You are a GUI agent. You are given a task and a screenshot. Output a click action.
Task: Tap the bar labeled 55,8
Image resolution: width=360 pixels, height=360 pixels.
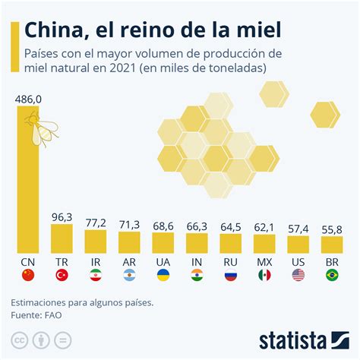(x=332, y=245)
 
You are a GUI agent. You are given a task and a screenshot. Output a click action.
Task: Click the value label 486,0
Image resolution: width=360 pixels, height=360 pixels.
(x=28, y=99)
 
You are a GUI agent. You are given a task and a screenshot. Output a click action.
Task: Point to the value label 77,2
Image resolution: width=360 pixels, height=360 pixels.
(x=95, y=223)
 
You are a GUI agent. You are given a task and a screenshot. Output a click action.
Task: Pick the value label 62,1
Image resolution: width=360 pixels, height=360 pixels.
(x=264, y=226)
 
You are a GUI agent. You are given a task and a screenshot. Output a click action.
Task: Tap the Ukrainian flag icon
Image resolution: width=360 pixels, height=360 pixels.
(x=163, y=276)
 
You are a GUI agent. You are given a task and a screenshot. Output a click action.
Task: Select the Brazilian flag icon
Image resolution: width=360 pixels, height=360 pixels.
(x=332, y=276)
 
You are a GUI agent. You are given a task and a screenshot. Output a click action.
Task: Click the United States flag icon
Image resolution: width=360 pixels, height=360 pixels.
(x=298, y=276)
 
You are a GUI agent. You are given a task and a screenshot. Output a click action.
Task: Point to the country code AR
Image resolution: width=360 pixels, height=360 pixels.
(x=129, y=262)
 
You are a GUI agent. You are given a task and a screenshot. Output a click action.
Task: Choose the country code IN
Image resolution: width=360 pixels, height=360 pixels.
(x=197, y=262)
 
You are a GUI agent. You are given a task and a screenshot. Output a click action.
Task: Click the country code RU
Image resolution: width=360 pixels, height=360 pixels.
(x=230, y=262)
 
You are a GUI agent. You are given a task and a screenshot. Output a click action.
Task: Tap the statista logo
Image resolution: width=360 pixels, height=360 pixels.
(x=302, y=339)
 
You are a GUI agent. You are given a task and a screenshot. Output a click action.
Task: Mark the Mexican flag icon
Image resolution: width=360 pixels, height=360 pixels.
(x=264, y=276)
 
